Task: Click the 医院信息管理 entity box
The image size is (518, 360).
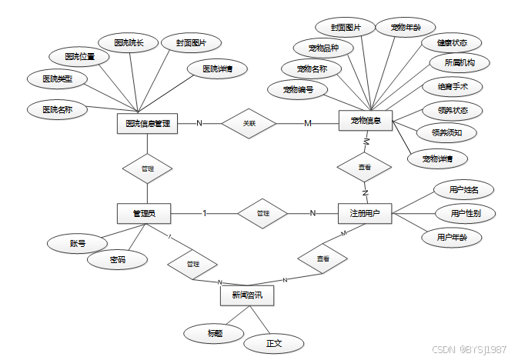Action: coord(147,123)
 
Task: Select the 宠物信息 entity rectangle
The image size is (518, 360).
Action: coord(366,121)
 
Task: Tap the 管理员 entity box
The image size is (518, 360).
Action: coord(144,213)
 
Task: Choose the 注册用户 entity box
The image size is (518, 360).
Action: coord(366,213)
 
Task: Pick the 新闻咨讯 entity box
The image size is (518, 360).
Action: coord(246,295)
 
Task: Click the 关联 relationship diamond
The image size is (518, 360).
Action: coord(249,123)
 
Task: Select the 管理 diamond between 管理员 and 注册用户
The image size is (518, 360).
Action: coord(262,213)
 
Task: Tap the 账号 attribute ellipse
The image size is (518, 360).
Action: coord(77,244)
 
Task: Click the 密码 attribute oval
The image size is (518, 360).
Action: coord(116,261)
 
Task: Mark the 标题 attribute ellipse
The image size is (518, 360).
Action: coord(215,333)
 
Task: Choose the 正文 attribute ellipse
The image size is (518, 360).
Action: coord(274,343)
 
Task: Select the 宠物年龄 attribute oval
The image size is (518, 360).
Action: coord(406,28)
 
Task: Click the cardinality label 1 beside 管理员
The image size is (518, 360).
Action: coord(204,213)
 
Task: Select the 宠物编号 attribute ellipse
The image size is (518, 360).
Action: coord(299,89)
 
